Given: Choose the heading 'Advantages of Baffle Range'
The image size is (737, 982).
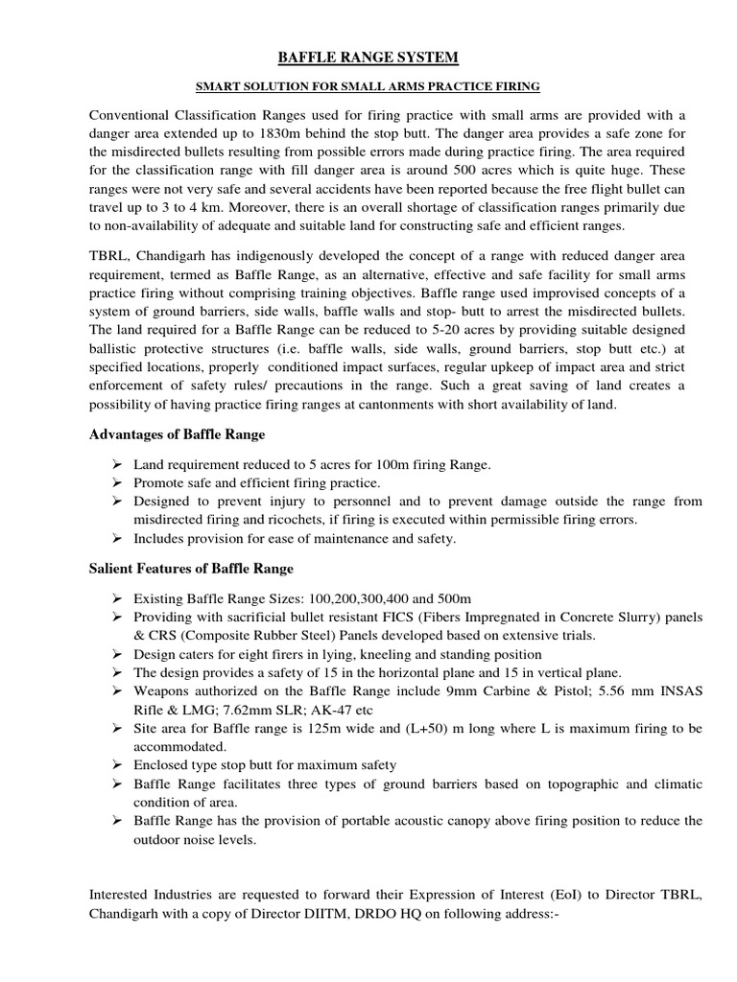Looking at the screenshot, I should tap(177, 435).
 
